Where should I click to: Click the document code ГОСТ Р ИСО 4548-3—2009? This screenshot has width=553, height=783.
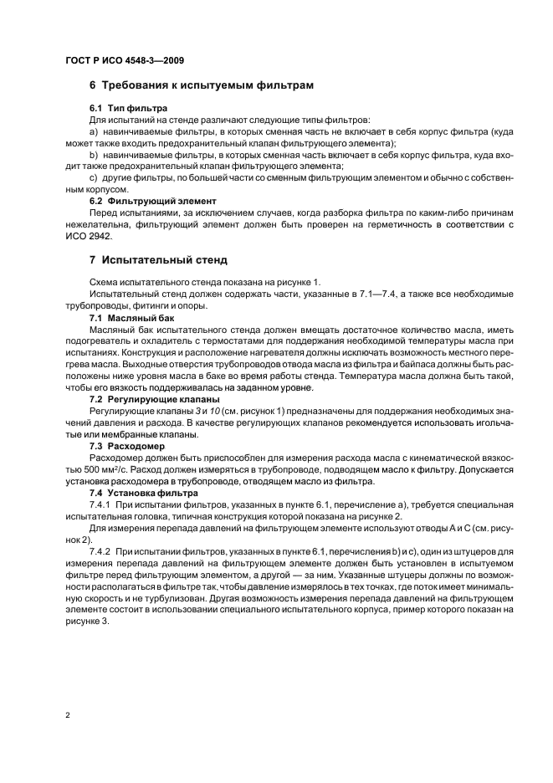124,61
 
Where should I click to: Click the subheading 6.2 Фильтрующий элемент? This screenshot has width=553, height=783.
152,201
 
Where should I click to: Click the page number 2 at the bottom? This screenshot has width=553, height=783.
66,715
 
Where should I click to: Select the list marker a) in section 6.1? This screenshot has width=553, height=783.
93,132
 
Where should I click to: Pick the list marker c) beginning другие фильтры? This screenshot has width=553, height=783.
93,178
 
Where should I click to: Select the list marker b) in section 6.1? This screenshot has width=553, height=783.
93,155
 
